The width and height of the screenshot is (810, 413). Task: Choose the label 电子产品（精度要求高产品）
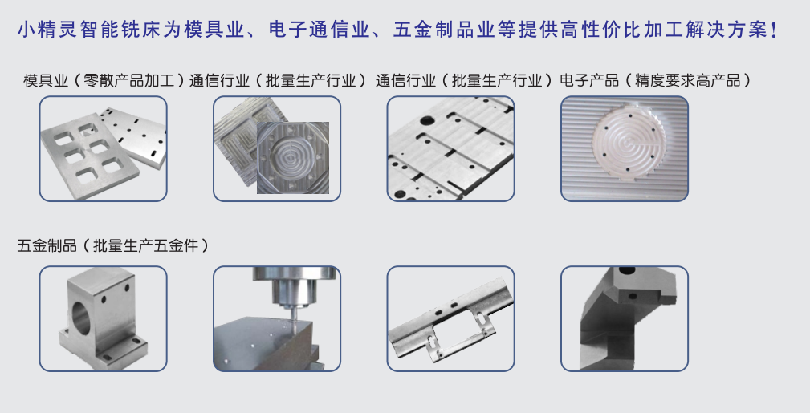655,80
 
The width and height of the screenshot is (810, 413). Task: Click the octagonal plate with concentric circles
292,157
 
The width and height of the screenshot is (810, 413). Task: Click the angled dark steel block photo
624,318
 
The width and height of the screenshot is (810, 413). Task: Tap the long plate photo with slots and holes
450,149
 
